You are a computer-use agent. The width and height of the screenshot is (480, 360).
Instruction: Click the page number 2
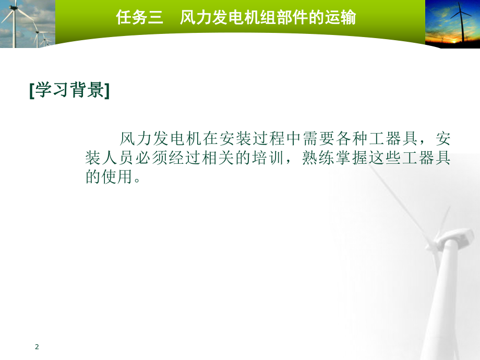[37, 347]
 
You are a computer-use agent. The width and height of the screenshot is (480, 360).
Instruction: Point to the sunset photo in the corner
[452, 24]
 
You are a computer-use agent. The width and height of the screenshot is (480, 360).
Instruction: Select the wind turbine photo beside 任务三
[27, 24]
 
